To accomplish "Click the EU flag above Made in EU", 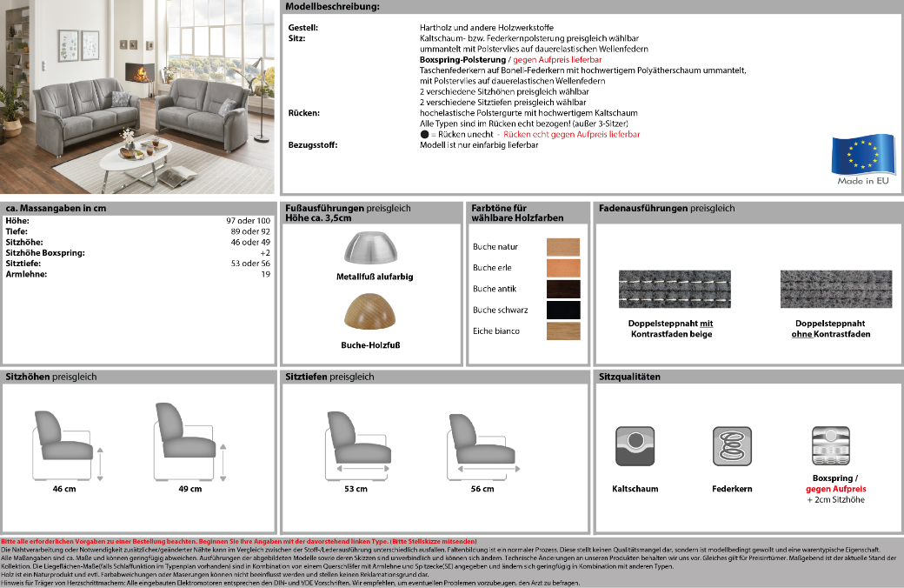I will (x=861, y=155).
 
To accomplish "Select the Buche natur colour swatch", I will (x=562, y=247).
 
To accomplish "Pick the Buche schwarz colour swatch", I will (x=562, y=310).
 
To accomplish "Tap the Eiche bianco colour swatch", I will (x=562, y=331).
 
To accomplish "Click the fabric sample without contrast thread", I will (x=836, y=289).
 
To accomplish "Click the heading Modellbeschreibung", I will (x=332, y=7).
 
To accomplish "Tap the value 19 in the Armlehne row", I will (x=266, y=274).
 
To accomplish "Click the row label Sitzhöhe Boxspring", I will (x=45, y=253).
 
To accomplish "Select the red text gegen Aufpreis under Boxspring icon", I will (x=835, y=489).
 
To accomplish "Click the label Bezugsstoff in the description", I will (x=313, y=144).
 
